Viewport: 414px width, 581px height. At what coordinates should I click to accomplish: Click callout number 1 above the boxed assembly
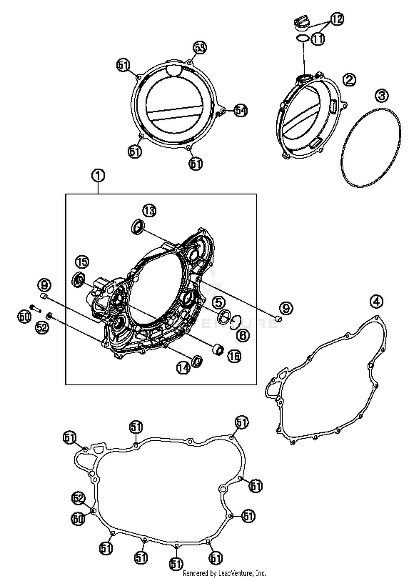tap(98, 176)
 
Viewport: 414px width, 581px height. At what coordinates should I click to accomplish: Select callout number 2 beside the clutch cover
tap(349, 80)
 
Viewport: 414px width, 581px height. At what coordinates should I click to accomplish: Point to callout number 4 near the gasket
tap(376, 301)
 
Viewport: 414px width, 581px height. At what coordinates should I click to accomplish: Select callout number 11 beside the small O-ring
tap(318, 39)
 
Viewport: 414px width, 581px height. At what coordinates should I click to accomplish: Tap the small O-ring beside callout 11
tap(302, 39)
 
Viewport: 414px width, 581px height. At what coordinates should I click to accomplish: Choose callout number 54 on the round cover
tap(241, 110)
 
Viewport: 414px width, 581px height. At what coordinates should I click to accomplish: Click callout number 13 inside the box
tap(149, 211)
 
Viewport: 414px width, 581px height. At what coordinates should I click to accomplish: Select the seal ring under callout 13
tap(137, 227)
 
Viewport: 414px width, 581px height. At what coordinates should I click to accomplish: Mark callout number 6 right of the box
tap(243, 336)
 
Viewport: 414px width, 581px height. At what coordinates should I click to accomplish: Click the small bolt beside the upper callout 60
tap(35, 308)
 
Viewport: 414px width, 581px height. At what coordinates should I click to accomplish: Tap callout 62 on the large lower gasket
tap(78, 498)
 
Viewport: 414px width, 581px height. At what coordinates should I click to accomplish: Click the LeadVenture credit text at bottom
tap(224, 573)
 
